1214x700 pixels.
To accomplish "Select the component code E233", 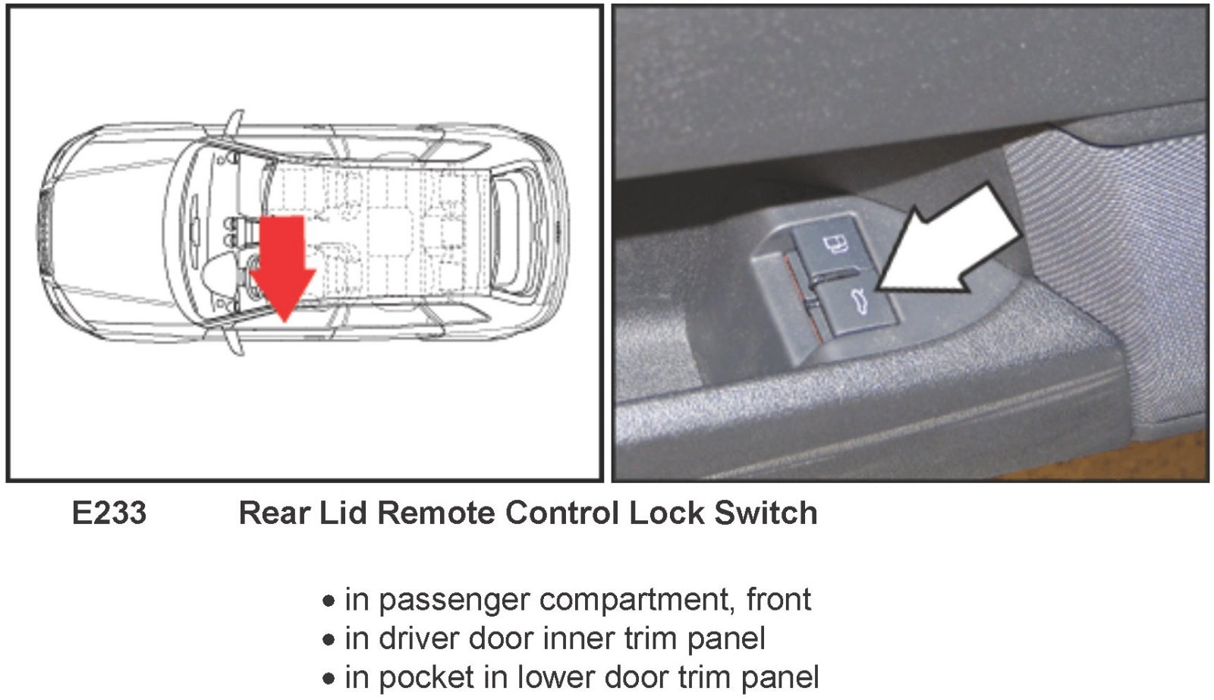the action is pyautogui.click(x=109, y=513).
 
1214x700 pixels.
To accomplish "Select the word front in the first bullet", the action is pyautogui.click(x=778, y=600).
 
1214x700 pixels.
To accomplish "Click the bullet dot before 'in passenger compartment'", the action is pyautogui.click(x=328, y=601).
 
